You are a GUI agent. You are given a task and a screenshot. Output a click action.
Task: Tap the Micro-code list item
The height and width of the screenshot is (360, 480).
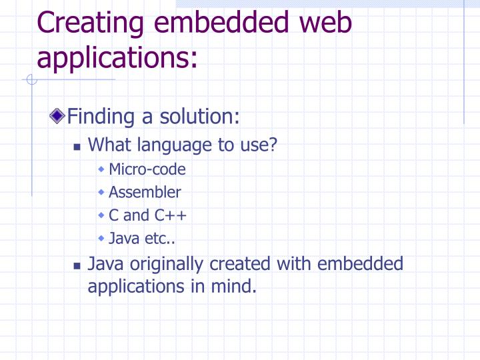click(x=147, y=169)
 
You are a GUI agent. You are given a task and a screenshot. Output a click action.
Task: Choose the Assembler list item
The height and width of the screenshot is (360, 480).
click(x=145, y=193)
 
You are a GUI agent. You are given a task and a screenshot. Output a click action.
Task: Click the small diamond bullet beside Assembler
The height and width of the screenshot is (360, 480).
click(x=101, y=192)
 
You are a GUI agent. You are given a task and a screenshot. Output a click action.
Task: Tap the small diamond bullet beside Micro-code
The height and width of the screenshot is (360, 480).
click(x=101, y=169)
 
